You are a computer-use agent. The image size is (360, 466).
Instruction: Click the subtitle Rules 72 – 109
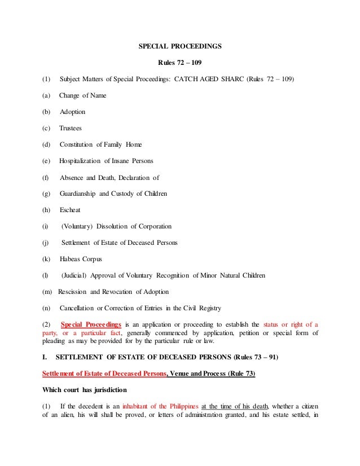(x=179, y=61)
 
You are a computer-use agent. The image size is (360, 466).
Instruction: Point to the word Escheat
(x=70, y=210)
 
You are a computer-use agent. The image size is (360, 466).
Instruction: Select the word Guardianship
(x=78, y=194)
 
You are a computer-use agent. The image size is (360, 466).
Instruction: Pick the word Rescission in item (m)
(x=72, y=292)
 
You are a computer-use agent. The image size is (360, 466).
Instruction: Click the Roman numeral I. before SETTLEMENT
(x=45, y=358)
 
